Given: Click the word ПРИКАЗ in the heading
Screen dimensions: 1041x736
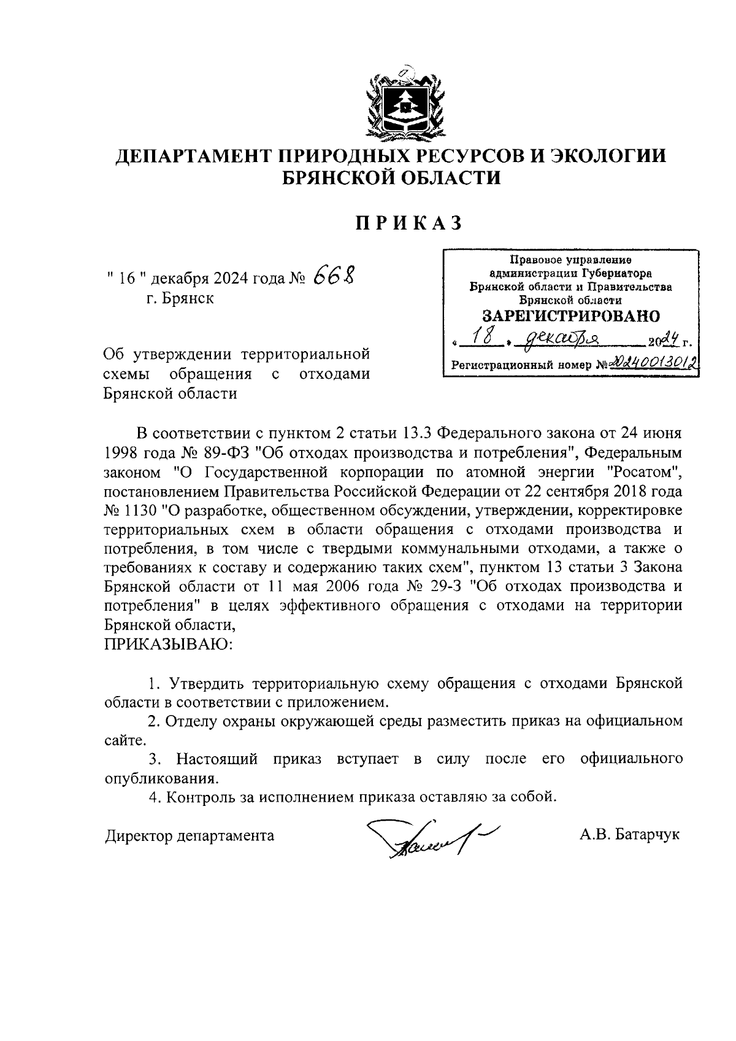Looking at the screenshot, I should [x=409, y=223].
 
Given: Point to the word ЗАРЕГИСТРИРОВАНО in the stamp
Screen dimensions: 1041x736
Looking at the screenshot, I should [x=570, y=315].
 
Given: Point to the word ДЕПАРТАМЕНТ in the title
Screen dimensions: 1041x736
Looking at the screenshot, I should [x=191, y=157].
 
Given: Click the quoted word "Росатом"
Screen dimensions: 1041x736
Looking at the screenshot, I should [x=642, y=472].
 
